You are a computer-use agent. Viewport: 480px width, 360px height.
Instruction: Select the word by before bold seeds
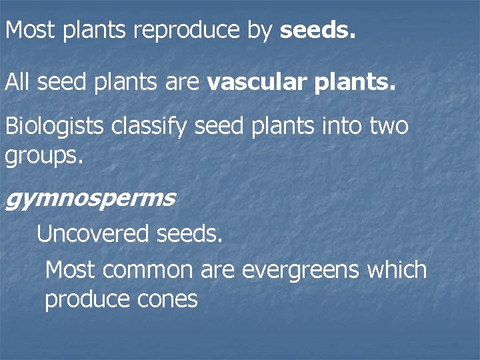coord(259,31)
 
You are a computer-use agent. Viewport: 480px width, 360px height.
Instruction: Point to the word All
coord(18,83)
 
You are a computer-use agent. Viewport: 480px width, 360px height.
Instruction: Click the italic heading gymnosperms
coord(90,199)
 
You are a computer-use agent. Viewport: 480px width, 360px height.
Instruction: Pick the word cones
coord(167,299)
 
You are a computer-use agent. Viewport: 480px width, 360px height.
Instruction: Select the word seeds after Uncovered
coord(189,234)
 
